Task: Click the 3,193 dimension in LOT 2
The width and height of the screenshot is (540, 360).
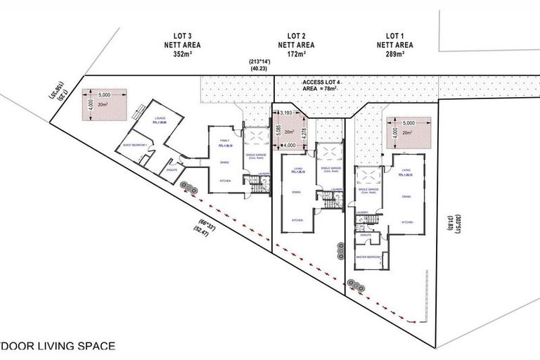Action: click(286, 112)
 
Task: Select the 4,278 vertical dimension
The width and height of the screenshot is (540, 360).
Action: click(304, 129)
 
